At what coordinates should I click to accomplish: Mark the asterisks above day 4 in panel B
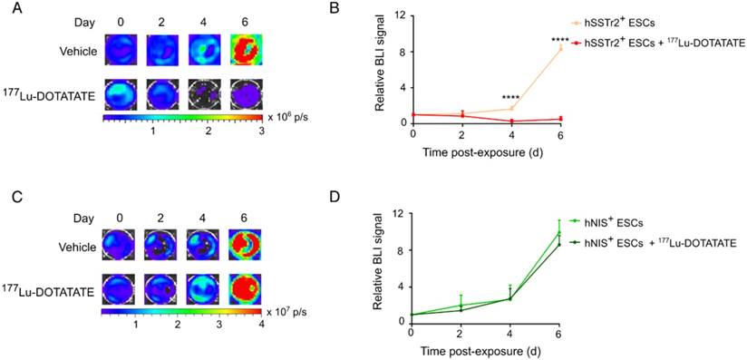tap(510, 98)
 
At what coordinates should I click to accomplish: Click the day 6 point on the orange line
tap(560, 48)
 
